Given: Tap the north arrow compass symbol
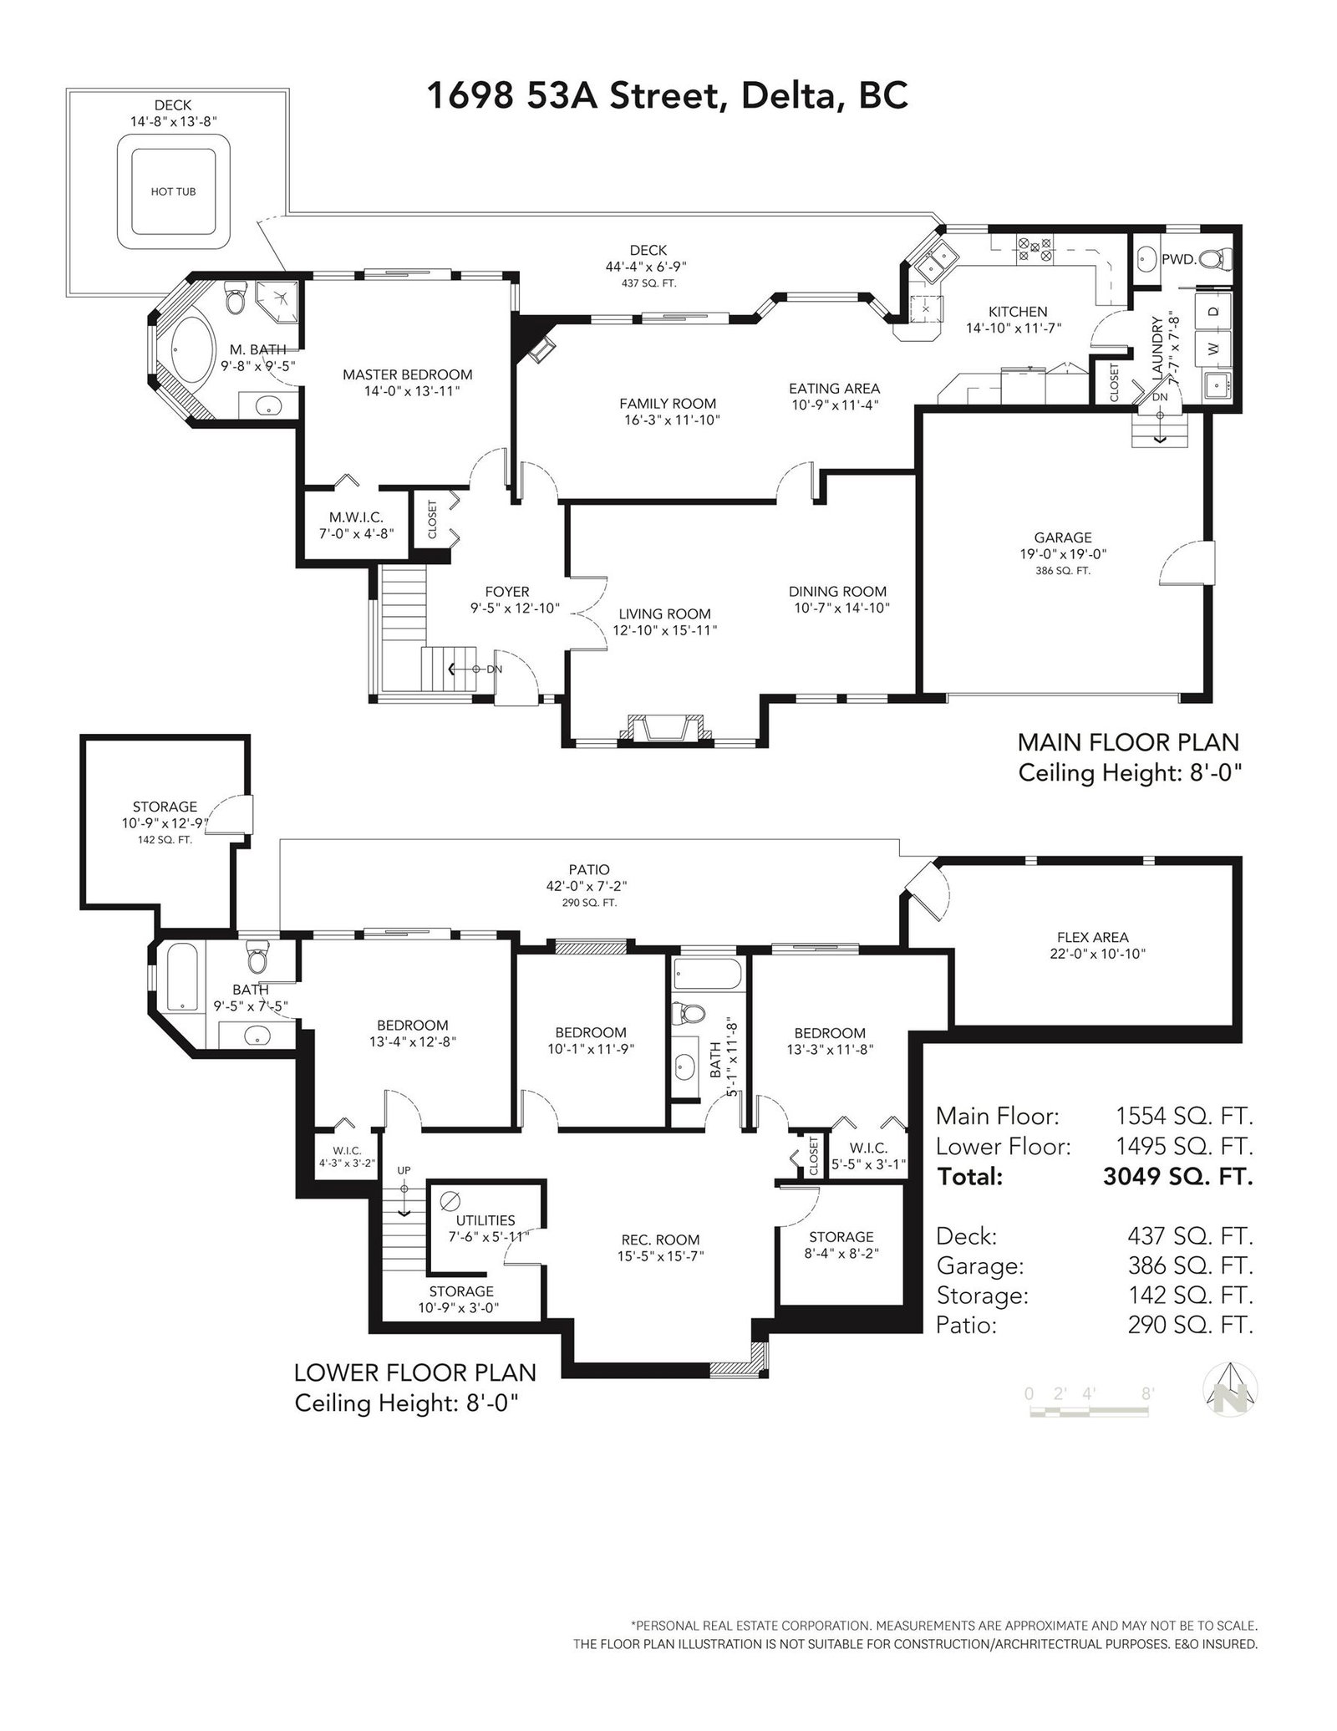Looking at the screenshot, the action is (1231, 1388).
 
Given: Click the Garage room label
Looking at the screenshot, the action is (1063, 537).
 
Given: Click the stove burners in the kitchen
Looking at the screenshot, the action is (1034, 247).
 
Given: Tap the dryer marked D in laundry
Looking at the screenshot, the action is (1213, 311).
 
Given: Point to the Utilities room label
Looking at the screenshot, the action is (485, 1220).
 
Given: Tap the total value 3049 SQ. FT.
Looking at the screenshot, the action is (1178, 1176).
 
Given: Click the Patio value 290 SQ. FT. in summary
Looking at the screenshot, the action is (1191, 1325).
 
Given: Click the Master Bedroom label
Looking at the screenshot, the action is (408, 374).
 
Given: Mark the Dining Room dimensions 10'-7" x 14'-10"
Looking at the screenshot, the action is (841, 608).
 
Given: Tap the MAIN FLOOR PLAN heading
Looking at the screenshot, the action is (1128, 742).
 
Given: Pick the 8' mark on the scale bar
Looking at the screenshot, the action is (1148, 1393).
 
